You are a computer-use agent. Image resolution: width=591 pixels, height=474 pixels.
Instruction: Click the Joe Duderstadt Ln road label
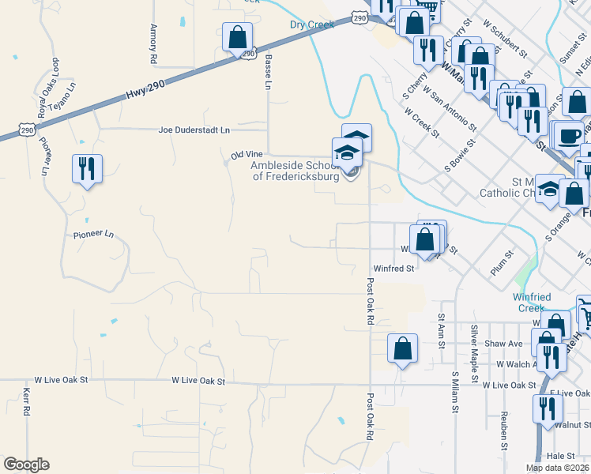(194, 130)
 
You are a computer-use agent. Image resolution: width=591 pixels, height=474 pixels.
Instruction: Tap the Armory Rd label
(153, 43)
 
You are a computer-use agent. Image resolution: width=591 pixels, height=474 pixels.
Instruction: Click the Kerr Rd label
(26, 401)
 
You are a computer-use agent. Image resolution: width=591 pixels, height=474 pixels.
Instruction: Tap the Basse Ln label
(268, 70)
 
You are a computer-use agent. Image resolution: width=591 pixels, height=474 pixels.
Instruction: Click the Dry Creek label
(312, 24)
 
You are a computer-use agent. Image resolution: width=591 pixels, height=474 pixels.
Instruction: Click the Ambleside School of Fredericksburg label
(295, 171)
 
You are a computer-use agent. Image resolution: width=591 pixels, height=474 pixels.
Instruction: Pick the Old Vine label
(247, 155)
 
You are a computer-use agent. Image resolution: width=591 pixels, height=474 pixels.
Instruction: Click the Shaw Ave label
(504, 344)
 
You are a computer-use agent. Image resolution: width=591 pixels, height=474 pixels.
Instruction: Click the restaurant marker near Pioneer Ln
(86, 168)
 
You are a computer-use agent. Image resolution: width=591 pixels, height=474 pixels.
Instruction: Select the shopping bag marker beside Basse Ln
(237, 36)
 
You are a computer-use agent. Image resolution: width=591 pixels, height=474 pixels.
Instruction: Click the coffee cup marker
(569, 134)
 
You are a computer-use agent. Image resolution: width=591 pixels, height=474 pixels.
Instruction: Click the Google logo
(26, 465)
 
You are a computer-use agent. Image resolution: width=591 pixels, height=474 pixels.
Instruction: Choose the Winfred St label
(394, 269)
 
